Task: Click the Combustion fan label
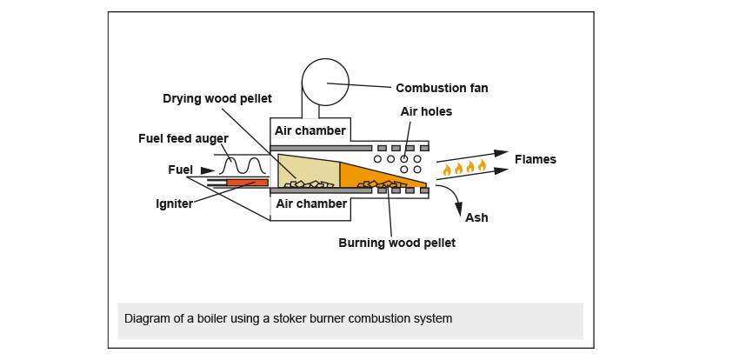[442, 88]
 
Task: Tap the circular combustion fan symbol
[325, 83]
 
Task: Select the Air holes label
[426, 111]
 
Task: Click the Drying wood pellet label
[217, 97]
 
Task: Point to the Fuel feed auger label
[183, 138]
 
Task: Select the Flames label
[535, 159]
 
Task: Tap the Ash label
[476, 217]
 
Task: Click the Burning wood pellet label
[396, 243]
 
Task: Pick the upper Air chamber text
[310, 131]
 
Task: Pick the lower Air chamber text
[310, 203]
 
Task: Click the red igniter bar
[247, 183]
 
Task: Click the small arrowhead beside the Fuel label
[207, 170]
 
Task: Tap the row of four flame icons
[464, 168]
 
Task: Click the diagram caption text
[288, 318]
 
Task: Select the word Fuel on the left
[181, 170]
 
